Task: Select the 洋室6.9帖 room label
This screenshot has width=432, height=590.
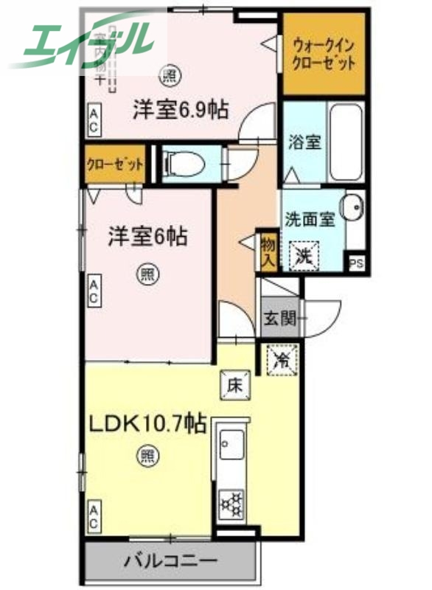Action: point(180,111)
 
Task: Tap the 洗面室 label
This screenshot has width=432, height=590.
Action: point(310,219)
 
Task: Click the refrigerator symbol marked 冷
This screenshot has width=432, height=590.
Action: point(282,361)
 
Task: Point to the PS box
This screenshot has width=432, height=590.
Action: point(357,263)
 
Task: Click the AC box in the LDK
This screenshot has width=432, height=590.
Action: point(94,516)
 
